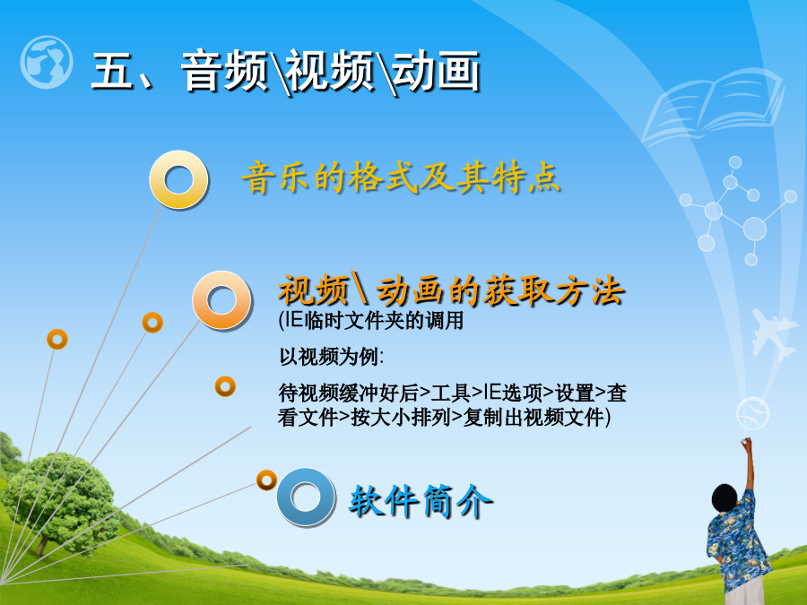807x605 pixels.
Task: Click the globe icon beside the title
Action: tap(47, 62)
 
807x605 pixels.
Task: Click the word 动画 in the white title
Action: tap(437, 71)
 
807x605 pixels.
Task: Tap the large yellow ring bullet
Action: tap(178, 179)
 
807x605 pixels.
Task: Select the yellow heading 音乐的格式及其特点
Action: tap(401, 178)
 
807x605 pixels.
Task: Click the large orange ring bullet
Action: tap(221, 300)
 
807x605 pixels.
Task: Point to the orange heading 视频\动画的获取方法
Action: tap(452, 290)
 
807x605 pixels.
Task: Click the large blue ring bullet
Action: tap(307, 497)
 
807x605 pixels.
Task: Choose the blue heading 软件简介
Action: tap(421, 500)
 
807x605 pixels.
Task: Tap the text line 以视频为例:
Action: tap(331, 356)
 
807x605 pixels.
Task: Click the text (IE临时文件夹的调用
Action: tap(370, 321)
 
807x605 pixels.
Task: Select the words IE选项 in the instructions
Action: tap(512, 393)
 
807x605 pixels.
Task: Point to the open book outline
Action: tap(712, 106)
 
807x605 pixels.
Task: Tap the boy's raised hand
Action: tap(746, 444)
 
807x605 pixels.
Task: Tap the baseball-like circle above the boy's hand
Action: tap(752, 413)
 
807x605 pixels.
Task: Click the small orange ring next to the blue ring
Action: tap(266, 480)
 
